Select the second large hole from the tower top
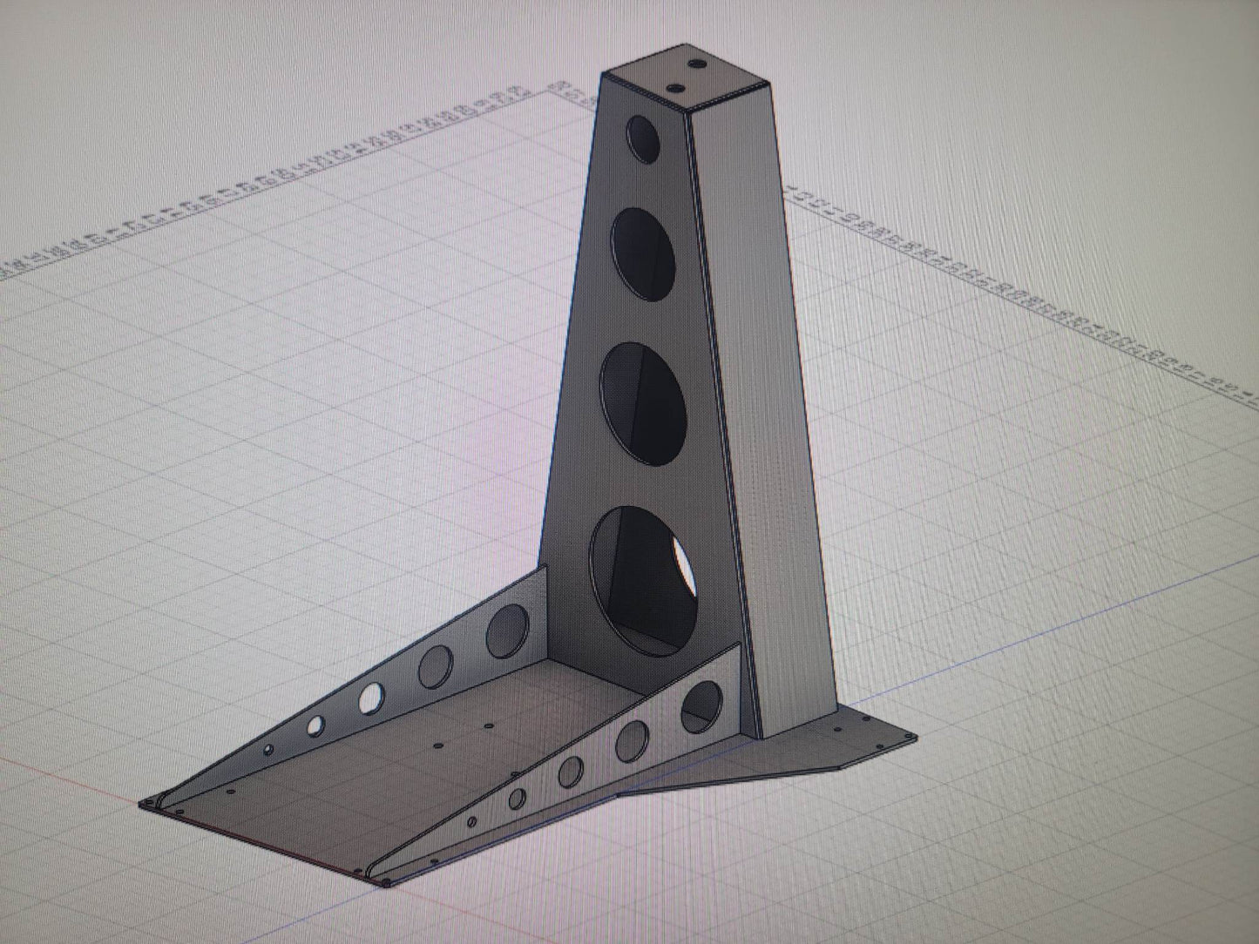pos(645,250)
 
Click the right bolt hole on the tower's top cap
pos(697,64)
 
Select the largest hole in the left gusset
pos(507,630)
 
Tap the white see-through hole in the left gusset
pos(370,696)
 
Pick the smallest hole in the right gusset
pos(472,821)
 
